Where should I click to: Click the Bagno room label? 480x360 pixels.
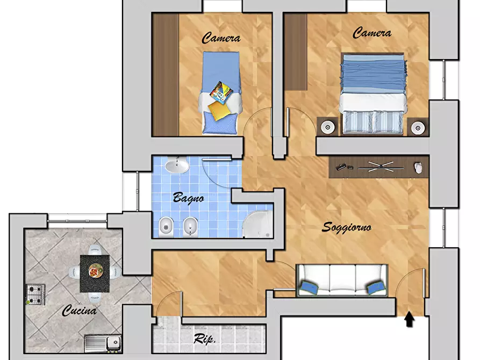coord(188,198)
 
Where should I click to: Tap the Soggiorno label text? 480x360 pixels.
coord(347,227)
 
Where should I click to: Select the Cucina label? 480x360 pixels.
coord(80,311)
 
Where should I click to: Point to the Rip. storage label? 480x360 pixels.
coord(205,339)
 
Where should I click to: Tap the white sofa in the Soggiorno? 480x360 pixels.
coord(342,280)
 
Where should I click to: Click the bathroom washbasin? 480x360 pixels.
coord(177,165)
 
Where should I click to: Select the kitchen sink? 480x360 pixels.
coord(103,343)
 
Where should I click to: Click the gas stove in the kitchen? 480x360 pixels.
coord(35,294)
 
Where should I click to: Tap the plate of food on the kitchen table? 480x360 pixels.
coord(96,271)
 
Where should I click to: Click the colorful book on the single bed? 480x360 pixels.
coord(221,91)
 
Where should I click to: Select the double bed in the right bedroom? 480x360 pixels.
coord(372,93)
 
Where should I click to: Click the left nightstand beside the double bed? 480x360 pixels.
coord(327,126)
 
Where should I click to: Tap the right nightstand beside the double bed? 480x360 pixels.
coord(418,127)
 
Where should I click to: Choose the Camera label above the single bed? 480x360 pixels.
coord(221,38)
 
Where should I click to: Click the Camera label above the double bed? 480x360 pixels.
coord(372,33)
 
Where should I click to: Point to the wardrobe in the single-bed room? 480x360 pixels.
coord(166,74)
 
